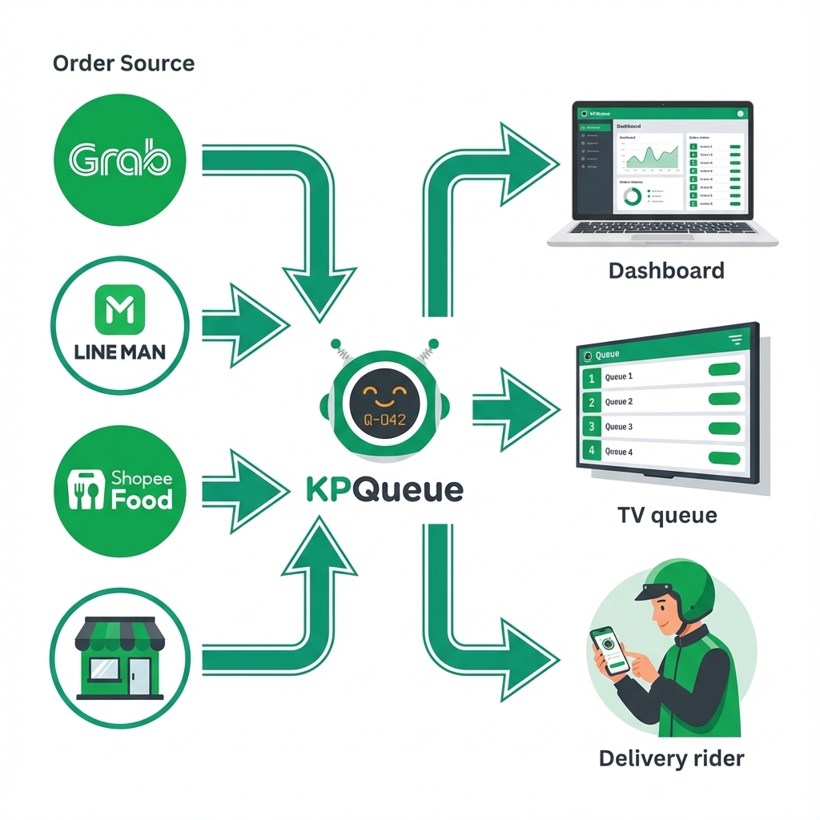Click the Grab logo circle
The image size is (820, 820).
(x=119, y=160)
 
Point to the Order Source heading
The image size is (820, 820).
(x=123, y=63)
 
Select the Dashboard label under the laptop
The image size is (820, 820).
(x=666, y=270)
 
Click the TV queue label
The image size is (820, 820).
(x=667, y=516)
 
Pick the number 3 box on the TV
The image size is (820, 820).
(x=592, y=427)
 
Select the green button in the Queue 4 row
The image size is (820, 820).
(x=725, y=458)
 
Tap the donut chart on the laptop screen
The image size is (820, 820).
(x=632, y=195)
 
